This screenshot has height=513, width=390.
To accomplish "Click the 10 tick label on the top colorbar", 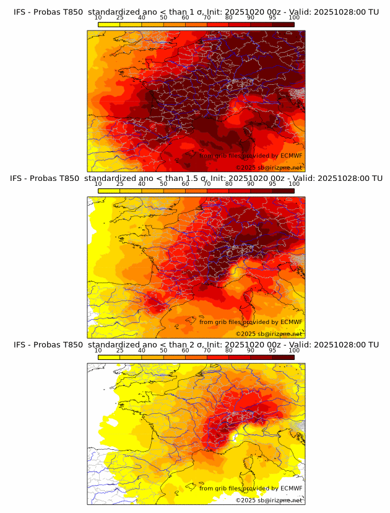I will pos(98,17).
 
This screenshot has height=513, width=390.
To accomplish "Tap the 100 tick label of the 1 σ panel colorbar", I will pos(294,17).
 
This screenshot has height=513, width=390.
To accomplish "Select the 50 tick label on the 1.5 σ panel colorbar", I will pos(163,183).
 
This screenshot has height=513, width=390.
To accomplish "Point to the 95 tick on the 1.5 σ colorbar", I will pos(272,183).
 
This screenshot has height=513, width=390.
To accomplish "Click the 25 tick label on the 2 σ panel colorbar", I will pos(119,350).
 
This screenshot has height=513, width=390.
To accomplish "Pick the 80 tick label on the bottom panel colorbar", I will pos(229,350).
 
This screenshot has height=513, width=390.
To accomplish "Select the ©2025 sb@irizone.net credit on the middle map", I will pos(268,334).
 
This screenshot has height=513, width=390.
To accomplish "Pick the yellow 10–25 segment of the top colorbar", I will pos(109,24).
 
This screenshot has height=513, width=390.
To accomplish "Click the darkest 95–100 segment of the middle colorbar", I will pos(283,190).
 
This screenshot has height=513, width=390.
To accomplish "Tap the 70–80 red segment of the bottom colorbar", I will pos(218,357).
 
